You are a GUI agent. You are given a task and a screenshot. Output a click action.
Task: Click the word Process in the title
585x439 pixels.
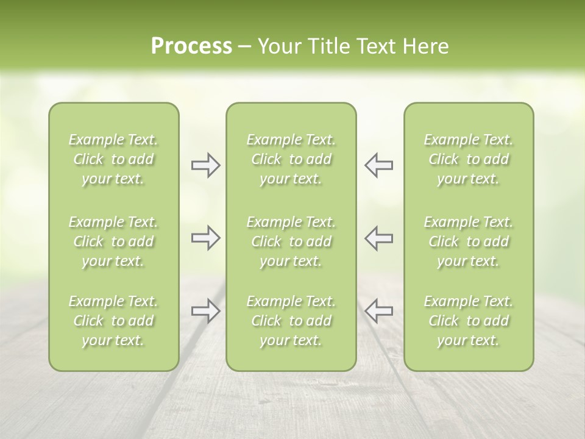(x=191, y=46)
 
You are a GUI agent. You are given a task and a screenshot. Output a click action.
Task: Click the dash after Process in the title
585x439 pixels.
(x=244, y=47)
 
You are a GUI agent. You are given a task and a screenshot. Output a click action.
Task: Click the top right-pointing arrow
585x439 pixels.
(x=205, y=165)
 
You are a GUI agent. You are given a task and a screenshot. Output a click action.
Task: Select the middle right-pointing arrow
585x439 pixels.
(x=205, y=238)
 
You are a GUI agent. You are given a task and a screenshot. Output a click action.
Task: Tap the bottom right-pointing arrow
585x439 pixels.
(x=205, y=311)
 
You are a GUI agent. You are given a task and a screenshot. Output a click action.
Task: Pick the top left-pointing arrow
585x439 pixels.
(x=378, y=165)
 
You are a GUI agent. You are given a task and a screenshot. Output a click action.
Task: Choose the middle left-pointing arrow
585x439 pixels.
(x=378, y=238)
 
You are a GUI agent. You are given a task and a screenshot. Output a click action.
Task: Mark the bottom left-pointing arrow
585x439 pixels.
(x=378, y=311)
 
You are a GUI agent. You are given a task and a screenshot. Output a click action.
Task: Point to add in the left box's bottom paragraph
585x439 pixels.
(x=141, y=321)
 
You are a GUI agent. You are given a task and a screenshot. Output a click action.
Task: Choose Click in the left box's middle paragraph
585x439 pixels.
(x=88, y=241)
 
